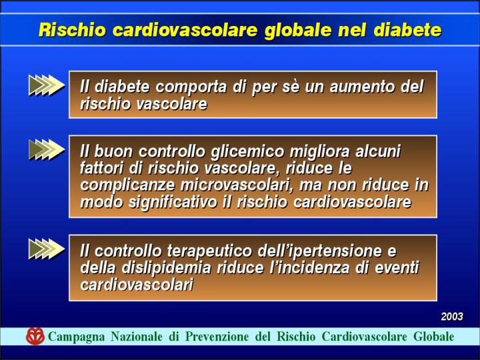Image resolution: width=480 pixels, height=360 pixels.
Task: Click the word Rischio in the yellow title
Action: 72,30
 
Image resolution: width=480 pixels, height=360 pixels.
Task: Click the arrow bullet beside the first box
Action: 47,85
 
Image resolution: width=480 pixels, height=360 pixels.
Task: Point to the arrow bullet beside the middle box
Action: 47,149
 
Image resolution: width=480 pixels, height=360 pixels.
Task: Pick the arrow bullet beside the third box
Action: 47,249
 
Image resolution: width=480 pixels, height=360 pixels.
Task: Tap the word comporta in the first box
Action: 191,87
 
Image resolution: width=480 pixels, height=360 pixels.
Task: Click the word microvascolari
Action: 236,185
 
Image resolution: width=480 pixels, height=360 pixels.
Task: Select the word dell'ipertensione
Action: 320,252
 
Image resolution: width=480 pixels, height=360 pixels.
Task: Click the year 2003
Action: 452,316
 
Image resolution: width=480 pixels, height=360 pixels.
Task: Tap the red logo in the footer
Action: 35,336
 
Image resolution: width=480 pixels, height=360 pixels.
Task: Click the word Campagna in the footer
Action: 77,337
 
